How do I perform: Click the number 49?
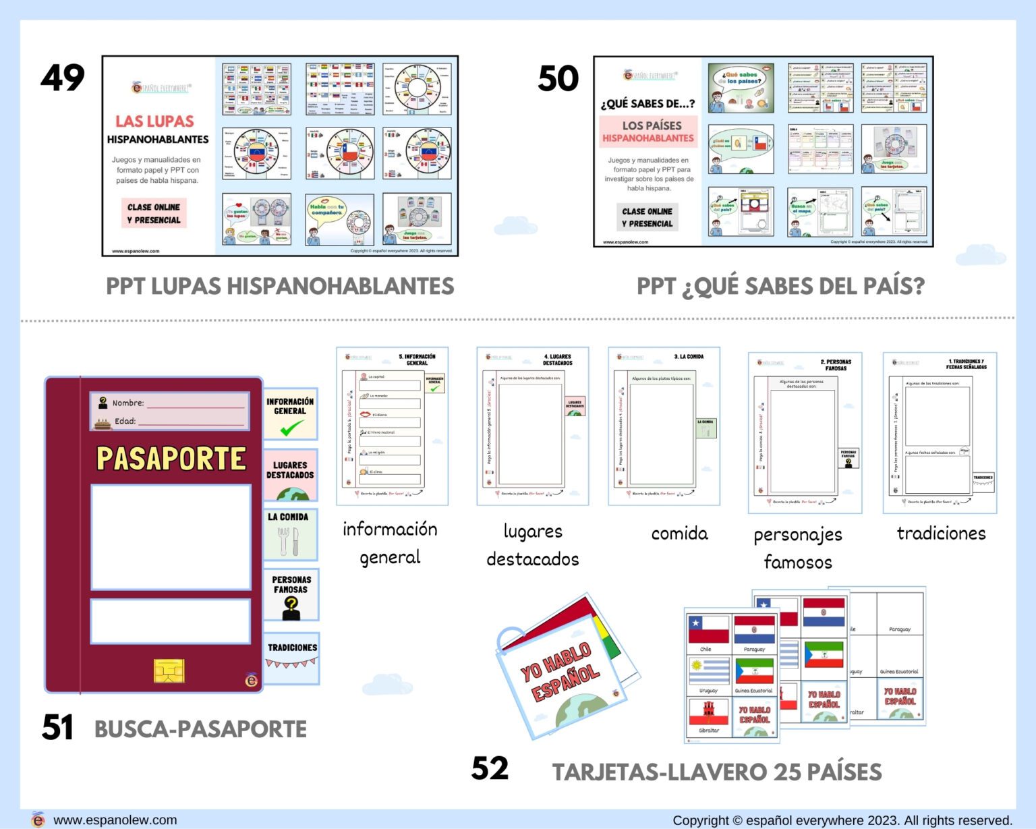click(x=63, y=78)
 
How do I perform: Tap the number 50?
click(x=558, y=78)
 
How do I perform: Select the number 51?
click(x=57, y=727)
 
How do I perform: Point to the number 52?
click(x=490, y=768)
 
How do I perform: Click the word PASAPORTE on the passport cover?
click(x=171, y=459)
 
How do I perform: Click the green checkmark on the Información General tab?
click(x=291, y=428)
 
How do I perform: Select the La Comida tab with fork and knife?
click(x=290, y=535)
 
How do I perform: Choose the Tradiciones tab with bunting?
click(x=291, y=656)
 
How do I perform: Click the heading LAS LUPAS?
click(x=154, y=121)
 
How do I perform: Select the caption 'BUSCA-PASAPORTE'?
click(x=200, y=729)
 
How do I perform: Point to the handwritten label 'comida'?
click(x=679, y=534)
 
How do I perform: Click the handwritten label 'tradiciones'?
click(x=941, y=534)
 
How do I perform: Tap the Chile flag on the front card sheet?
click(x=708, y=629)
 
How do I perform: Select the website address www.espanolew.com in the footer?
click(x=115, y=820)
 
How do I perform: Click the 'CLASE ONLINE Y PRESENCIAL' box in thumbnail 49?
click(x=154, y=213)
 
